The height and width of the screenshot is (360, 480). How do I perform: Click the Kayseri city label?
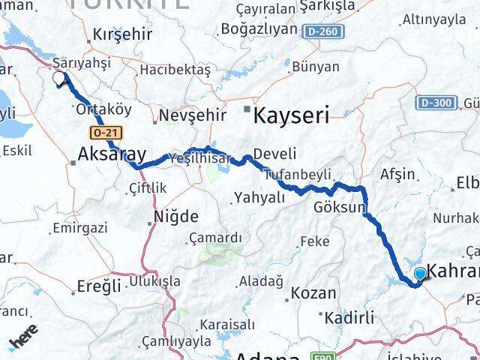coord(291,115)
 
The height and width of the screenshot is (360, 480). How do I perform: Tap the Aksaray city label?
coord(112,155)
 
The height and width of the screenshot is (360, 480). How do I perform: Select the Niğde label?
coord(175,217)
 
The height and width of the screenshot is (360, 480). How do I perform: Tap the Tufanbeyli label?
coord(298,175)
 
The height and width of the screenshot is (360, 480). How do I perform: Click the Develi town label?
coord(270,154)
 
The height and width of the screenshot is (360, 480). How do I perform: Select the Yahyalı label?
coord(260,197)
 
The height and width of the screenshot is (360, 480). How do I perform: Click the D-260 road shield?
coord(323,31)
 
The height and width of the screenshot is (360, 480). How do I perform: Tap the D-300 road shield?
coord(436,102)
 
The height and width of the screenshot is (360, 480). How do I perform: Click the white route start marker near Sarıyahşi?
coord(58,78)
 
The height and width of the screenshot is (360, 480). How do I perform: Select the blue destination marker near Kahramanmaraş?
coord(420,274)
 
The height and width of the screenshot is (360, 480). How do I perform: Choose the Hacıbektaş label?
coord(175,69)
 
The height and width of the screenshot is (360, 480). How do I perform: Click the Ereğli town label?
coord(98,286)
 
